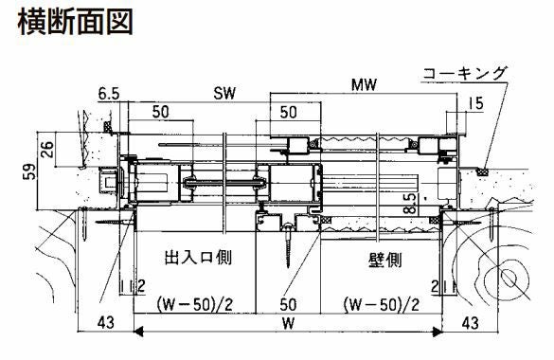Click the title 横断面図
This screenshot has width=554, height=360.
click(x=75, y=22)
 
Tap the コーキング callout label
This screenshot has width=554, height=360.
click(x=465, y=74)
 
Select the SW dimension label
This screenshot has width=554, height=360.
click(x=224, y=93)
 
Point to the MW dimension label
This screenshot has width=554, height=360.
click(x=365, y=84)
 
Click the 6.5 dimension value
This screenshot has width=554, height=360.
click(x=109, y=94)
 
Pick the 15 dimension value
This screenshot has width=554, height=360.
click(x=475, y=103)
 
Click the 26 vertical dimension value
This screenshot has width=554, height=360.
click(x=46, y=149)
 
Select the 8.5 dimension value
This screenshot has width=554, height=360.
click(x=410, y=204)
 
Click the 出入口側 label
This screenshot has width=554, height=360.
click(x=198, y=257)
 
